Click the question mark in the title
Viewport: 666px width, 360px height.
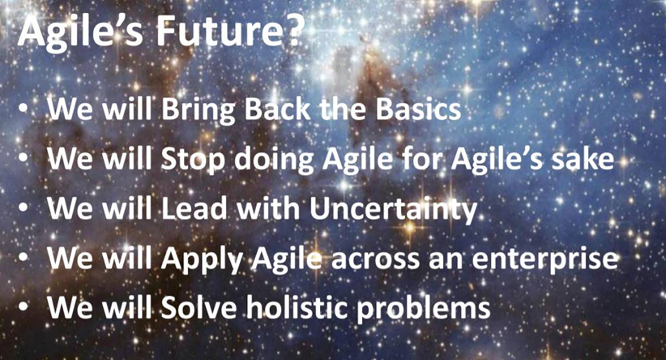[292, 31]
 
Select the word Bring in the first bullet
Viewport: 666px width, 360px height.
[199, 110]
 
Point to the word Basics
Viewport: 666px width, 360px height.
[418, 109]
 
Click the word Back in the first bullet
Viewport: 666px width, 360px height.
[278, 109]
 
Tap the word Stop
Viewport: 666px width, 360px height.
[193, 161]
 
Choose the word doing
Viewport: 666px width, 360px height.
[274, 161]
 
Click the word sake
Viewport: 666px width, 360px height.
[583, 159]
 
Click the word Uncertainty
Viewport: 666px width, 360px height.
[393, 210]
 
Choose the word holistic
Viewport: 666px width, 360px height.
[297, 306]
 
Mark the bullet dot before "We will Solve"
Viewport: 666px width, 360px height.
[23, 306]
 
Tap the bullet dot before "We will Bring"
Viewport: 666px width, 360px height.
[23, 109]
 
